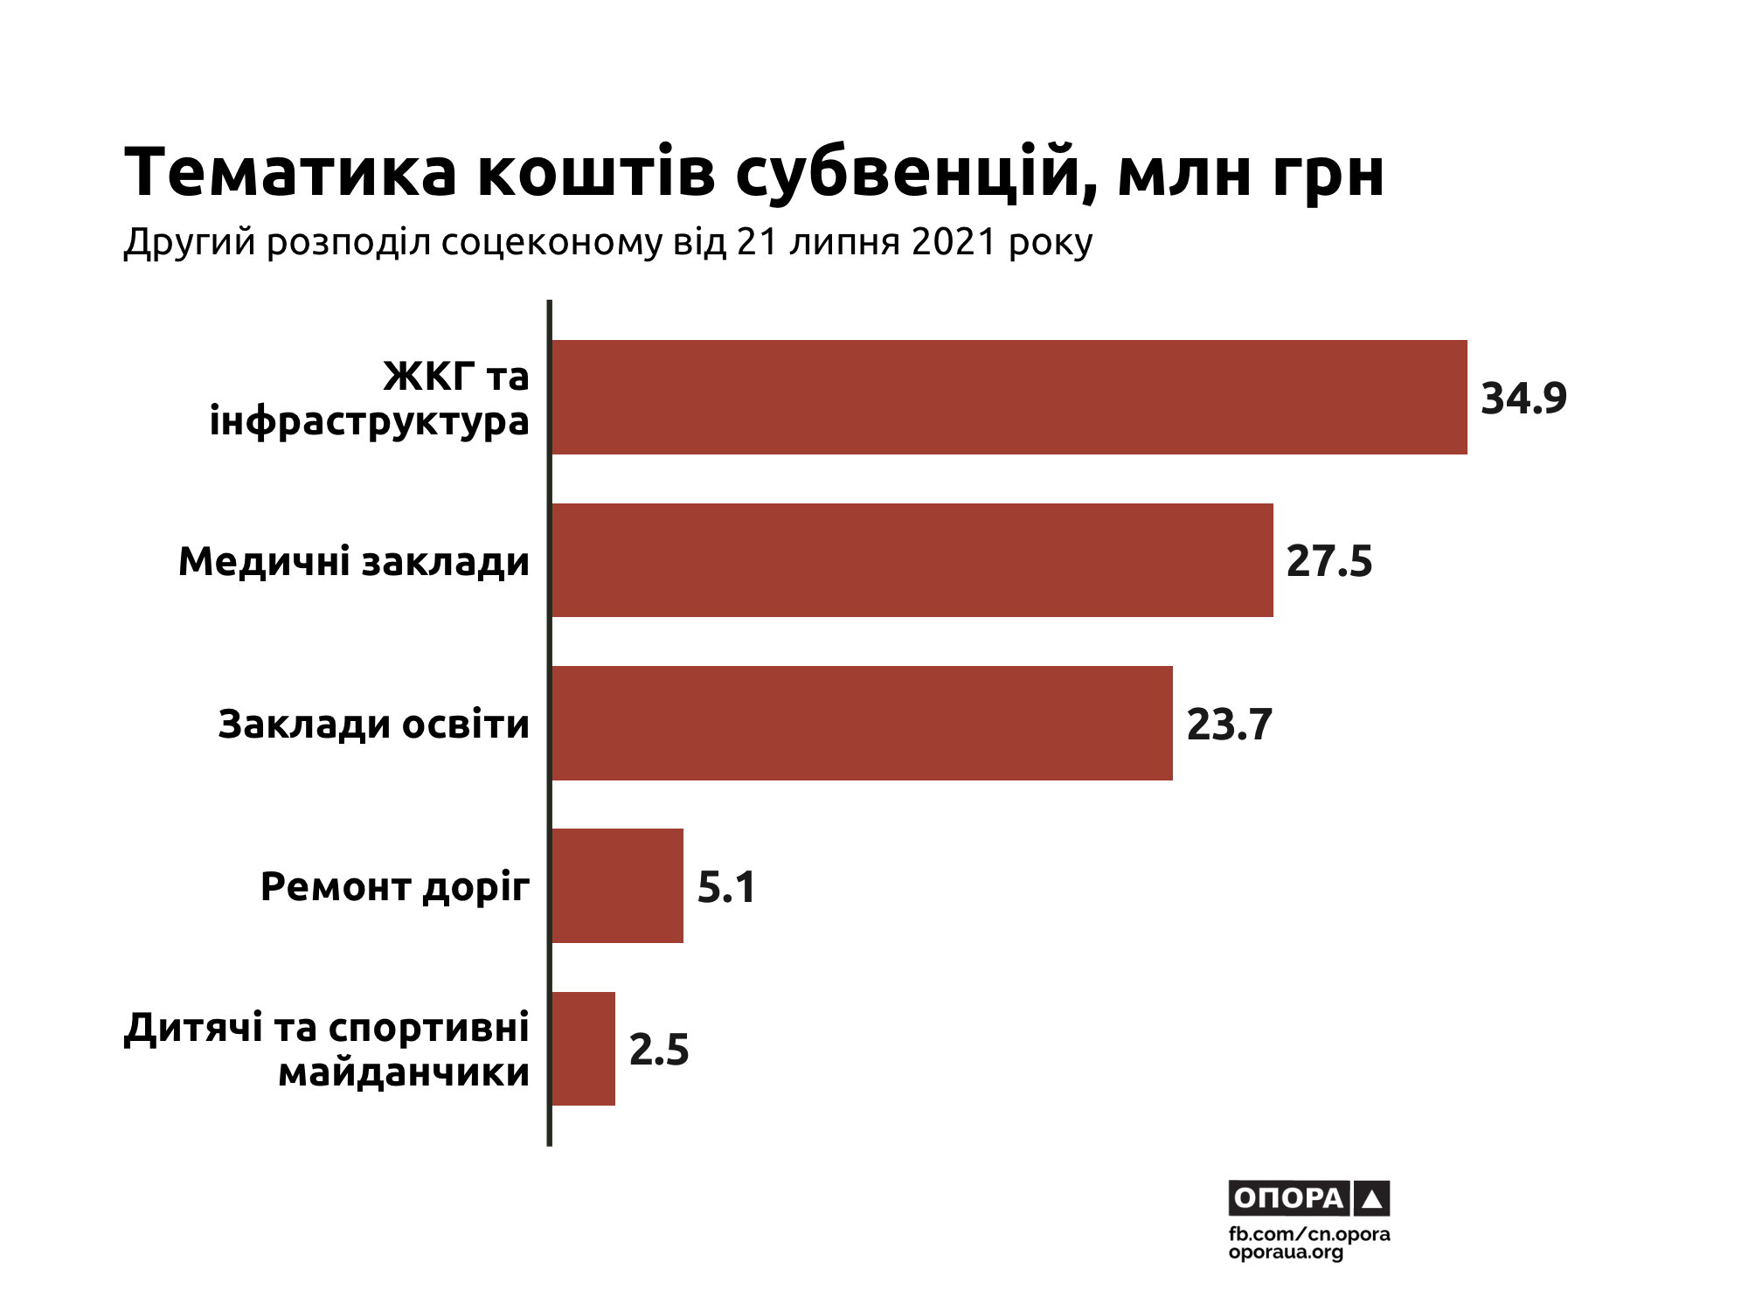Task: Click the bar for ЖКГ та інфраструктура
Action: pos(1009,397)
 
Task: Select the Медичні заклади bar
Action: pos(912,560)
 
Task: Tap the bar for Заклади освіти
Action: pos(862,723)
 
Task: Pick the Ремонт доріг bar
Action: pos(617,885)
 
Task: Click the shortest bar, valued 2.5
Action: pos(583,1049)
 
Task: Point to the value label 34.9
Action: pos(1523,399)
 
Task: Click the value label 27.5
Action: pos(1329,561)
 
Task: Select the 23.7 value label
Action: pos(1229,725)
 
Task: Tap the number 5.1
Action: pos(726,887)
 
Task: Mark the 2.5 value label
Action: pos(659,1050)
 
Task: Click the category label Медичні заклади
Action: pos(354,561)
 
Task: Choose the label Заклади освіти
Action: pos(373,725)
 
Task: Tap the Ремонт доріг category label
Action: pos(395,887)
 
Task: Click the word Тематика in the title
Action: pos(291,172)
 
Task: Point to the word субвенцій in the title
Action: pos(916,174)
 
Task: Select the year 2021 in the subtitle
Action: pos(954,242)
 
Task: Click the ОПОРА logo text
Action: pos(1288,1198)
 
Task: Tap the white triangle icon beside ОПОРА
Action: pos(1371,1199)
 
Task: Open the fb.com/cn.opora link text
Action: pos(1309,1234)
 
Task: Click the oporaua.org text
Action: pos(1286,1252)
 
